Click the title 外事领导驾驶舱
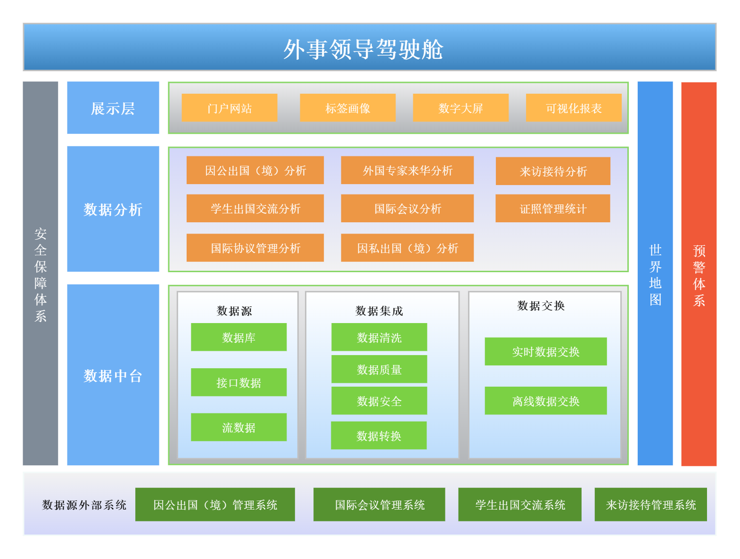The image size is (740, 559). click(x=363, y=49)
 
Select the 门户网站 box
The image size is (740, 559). click(x=229, y=108)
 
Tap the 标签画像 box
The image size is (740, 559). click(x=347, y=108)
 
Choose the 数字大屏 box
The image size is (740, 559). click(x=460, y=108)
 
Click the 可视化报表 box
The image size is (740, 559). click(x=574, y=108)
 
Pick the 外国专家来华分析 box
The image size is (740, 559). click(x=407, y=170)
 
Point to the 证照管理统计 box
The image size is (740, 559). click(x=552, y=208)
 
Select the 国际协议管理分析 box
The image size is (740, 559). click(x=255, y=248)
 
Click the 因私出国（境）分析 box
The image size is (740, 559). click(x=407, y=248)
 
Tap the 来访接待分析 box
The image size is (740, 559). click(x=553, y=171)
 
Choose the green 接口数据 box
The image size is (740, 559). click(x=238, y=382)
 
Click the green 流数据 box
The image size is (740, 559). click(x=238, y=427)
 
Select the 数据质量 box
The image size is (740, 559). click(x=379, y=369)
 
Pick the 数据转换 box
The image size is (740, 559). click(x=378, y=436)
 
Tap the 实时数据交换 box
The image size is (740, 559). click(x=546, y=352)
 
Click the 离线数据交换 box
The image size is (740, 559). click(x=546, y=401)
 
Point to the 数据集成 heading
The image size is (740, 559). click(x=379, y=311)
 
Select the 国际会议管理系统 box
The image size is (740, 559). click(x=379, y=504)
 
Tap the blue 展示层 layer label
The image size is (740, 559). click(x=113, y=108)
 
